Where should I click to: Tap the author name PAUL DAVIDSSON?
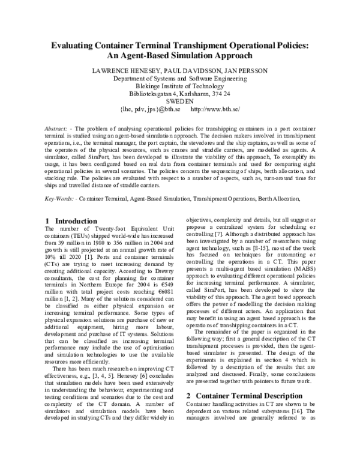pyautogui.click(x=183, y=70)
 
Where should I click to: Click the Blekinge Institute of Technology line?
pyautogui.click(x=180, y=86)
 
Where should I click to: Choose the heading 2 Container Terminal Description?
pyautogui.click(x=244, y=396)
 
